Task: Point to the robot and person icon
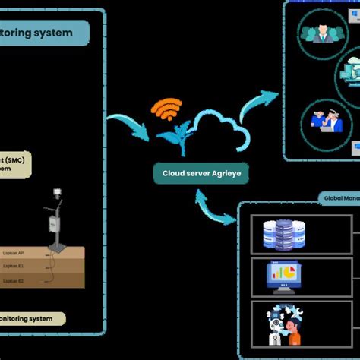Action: pyautogui.click(x=282, y=326)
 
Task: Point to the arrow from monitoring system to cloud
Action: pyautogui.click(x=128, y=125)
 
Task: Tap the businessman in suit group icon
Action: pyautogui.click(x=320, y=33)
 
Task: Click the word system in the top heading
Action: pyautogui.click(x=52, y=33)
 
